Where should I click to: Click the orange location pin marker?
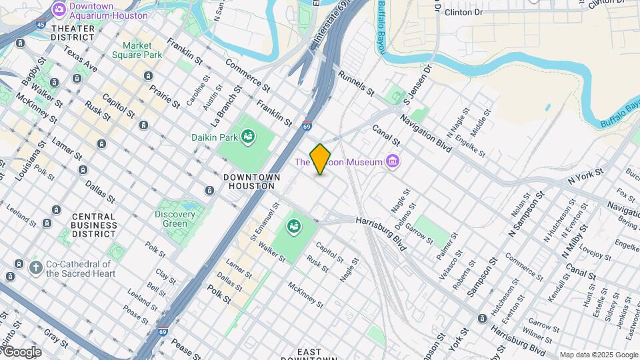320,159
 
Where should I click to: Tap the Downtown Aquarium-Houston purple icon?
59,9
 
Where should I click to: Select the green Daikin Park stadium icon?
248,137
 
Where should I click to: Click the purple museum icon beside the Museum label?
393,162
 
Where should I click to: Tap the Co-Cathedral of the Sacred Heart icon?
36,268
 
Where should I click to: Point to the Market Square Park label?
137,50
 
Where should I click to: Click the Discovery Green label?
175,219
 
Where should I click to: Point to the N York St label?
585,177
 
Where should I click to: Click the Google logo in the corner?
21,352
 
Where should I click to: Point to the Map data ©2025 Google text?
598,355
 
